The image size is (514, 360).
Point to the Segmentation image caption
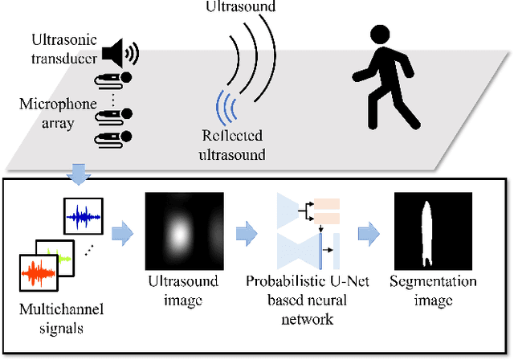(x=432, y=290)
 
